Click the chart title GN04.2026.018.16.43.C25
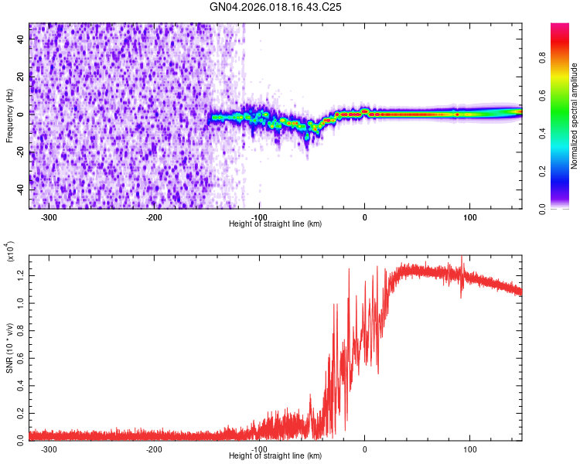[x=276, y=7]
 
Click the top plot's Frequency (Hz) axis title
[x=10, y=115]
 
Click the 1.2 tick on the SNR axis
[x=20, y=274]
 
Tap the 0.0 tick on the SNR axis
[x=20, y=438]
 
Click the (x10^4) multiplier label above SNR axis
[x=10, y=252]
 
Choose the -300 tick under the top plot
[x=49, y=217]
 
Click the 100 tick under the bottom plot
[x=469, y=449]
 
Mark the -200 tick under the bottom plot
[x=154, y=449]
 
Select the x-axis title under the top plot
[x=276, y=223]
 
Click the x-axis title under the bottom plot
[x=276, y=456]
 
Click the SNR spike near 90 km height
[x=462, y=260]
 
